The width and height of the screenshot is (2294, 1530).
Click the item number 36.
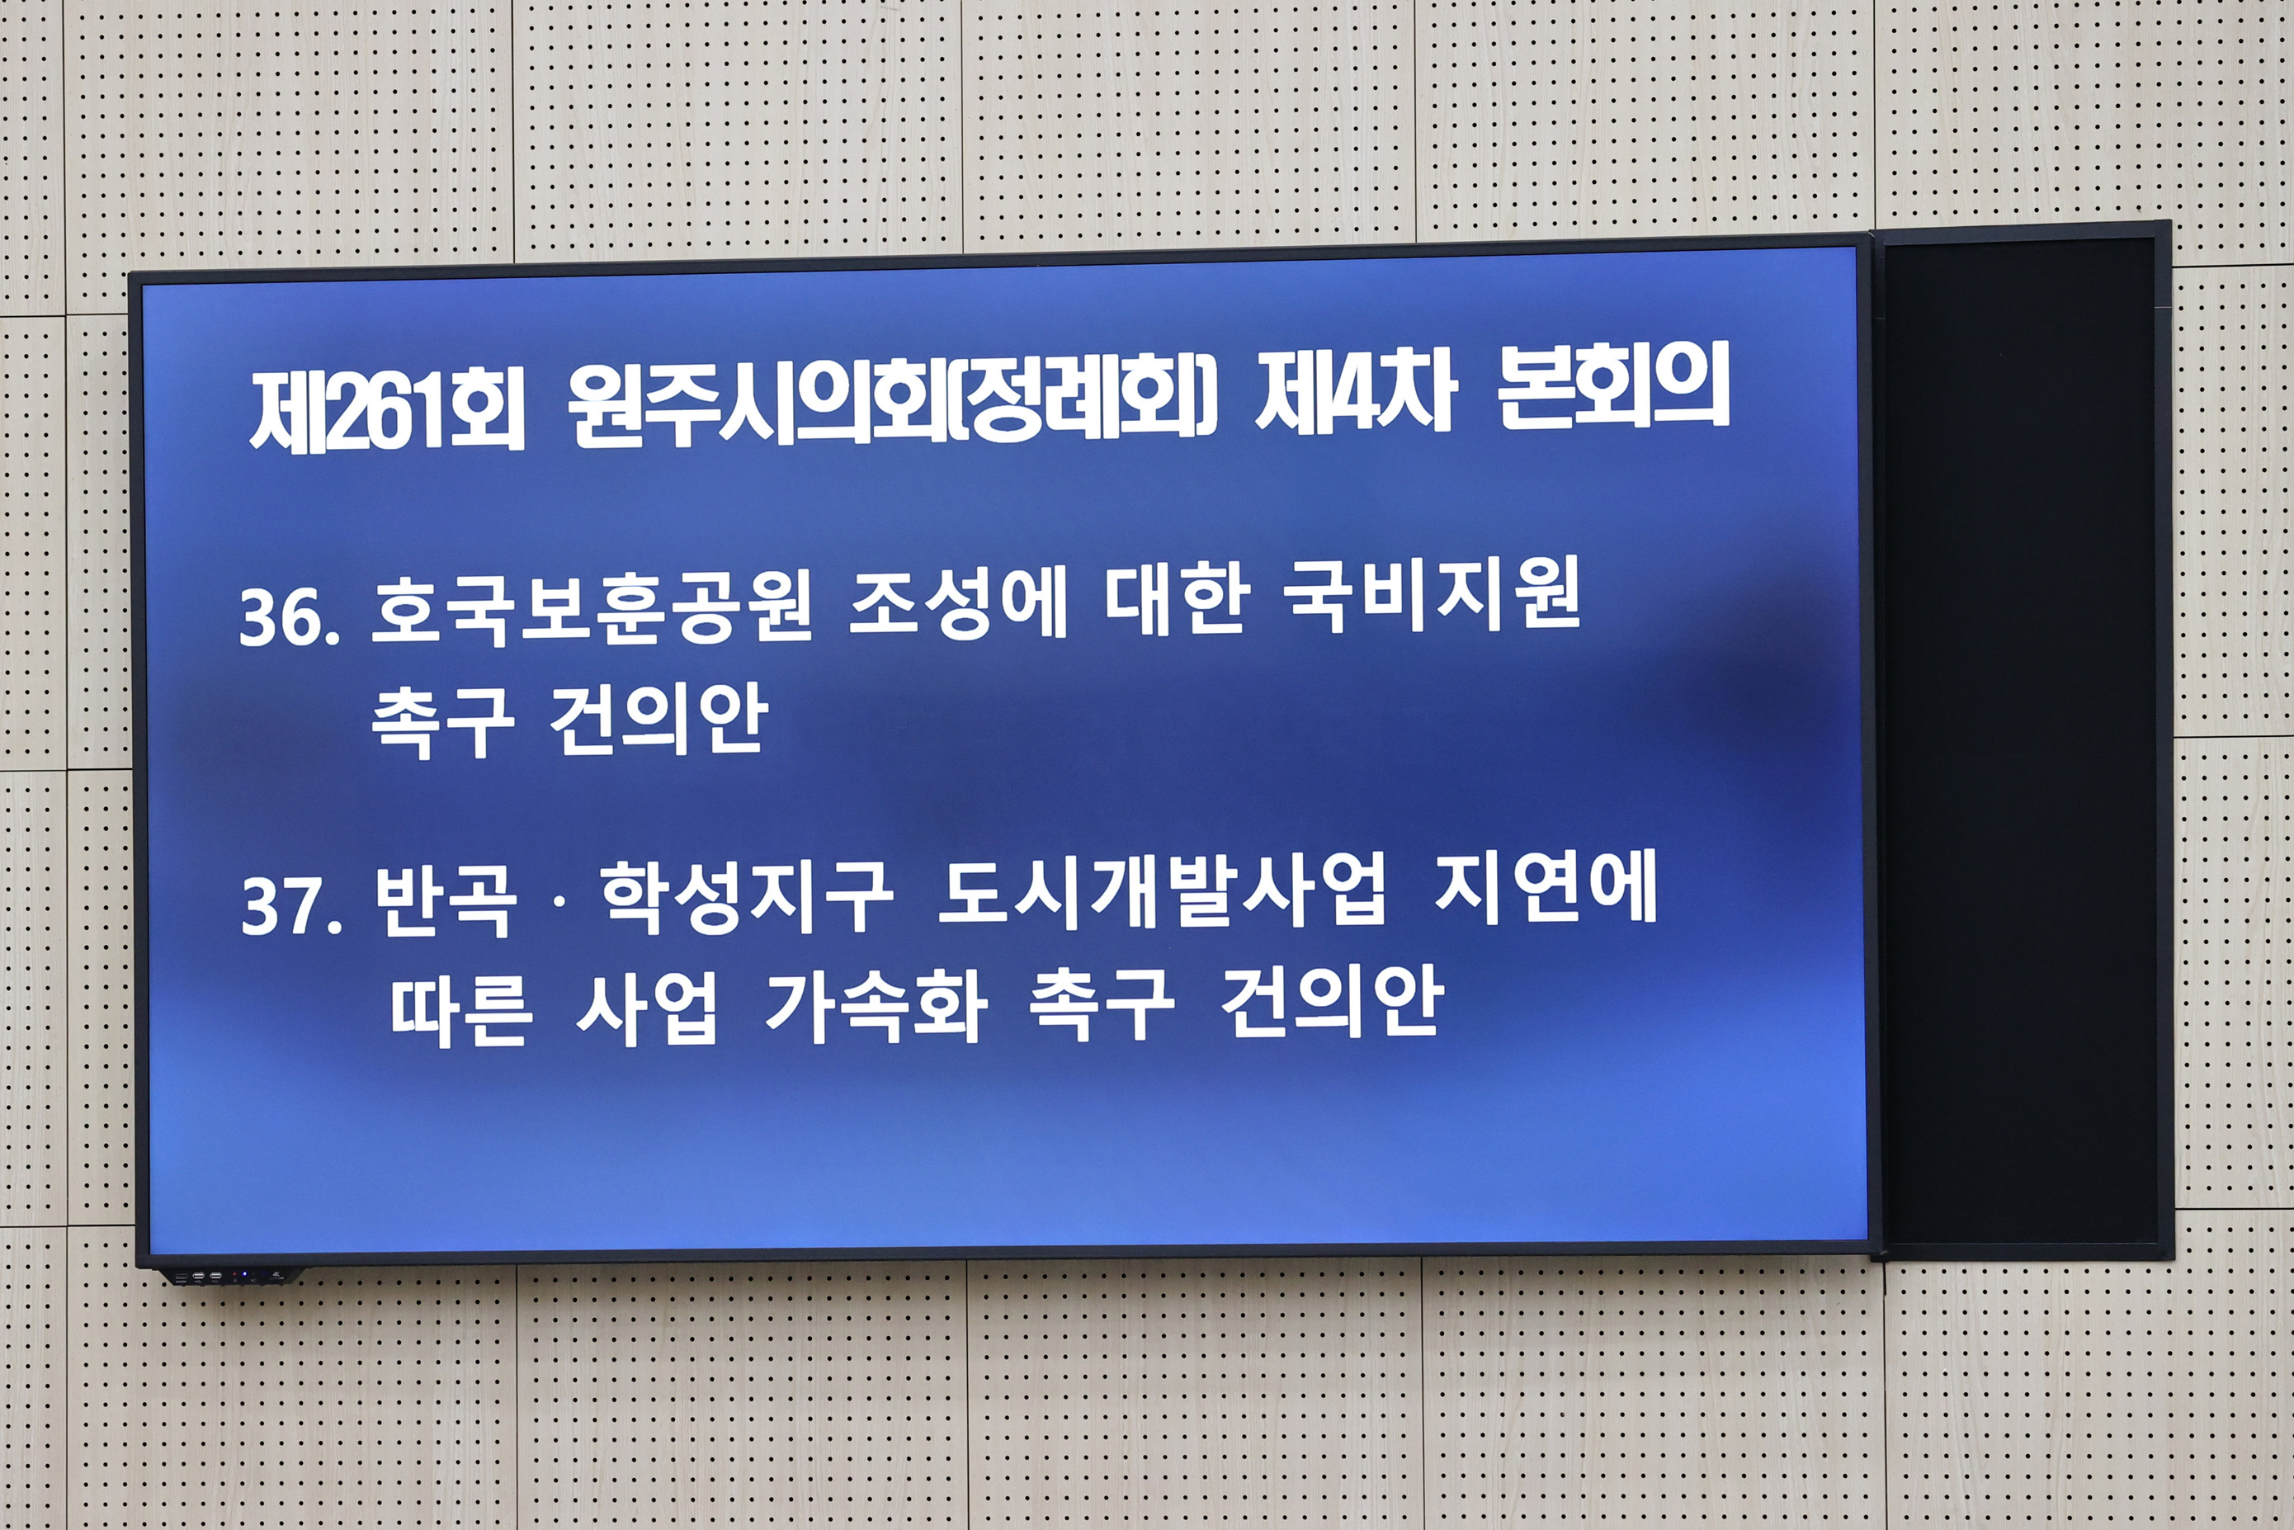(x=290, y=616)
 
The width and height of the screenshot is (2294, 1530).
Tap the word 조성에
(x=957, y=605)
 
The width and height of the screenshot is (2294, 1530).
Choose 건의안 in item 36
(x=658, y=720)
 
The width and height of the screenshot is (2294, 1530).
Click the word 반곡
(x=445, y=900)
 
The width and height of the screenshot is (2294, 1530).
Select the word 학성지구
(x=745, y=895)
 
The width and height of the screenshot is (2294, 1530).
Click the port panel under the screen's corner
(x=229, y=1275)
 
